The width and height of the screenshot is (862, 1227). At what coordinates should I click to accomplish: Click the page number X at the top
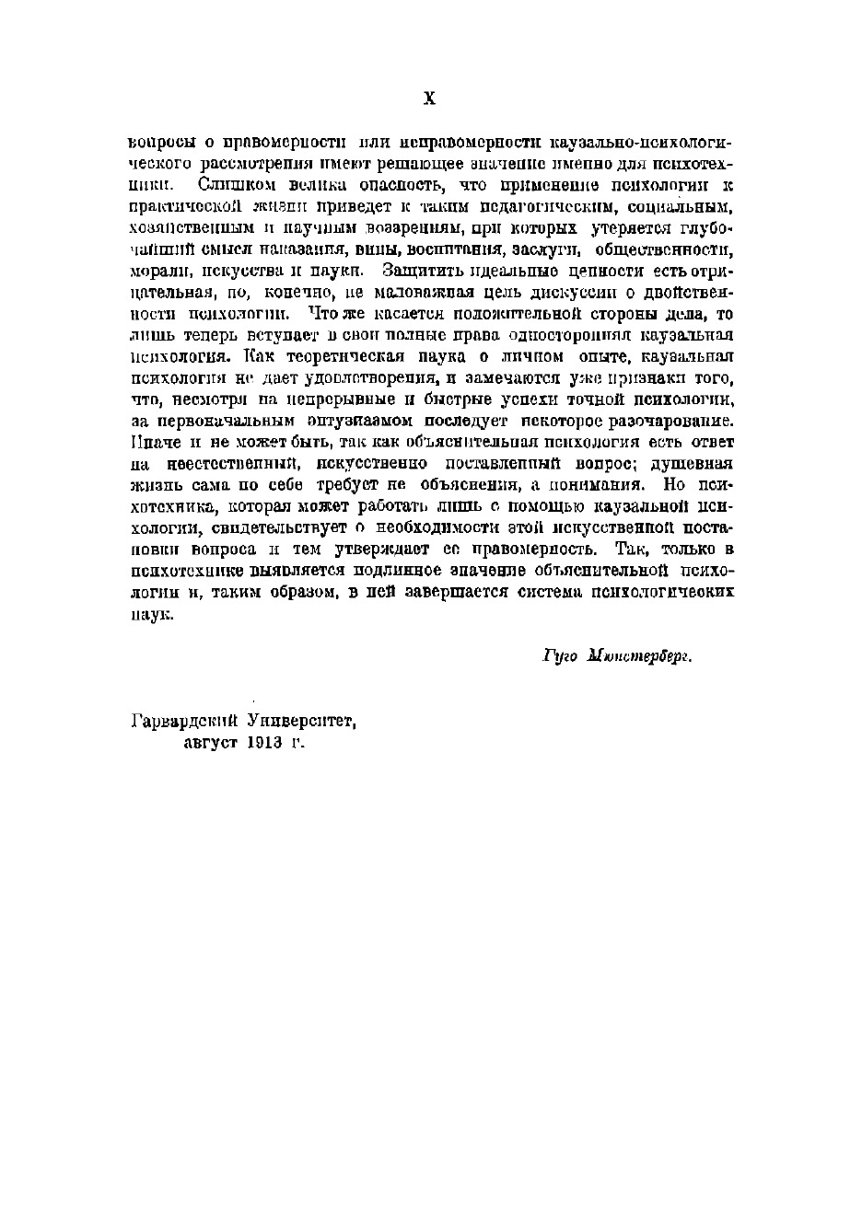428,98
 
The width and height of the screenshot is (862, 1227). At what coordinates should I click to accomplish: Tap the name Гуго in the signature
559,658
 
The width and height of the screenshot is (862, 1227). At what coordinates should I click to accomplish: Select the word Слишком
229,185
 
